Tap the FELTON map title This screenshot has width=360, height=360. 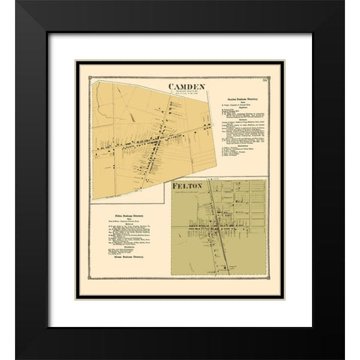pyautogui.click(x=186, y=184)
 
